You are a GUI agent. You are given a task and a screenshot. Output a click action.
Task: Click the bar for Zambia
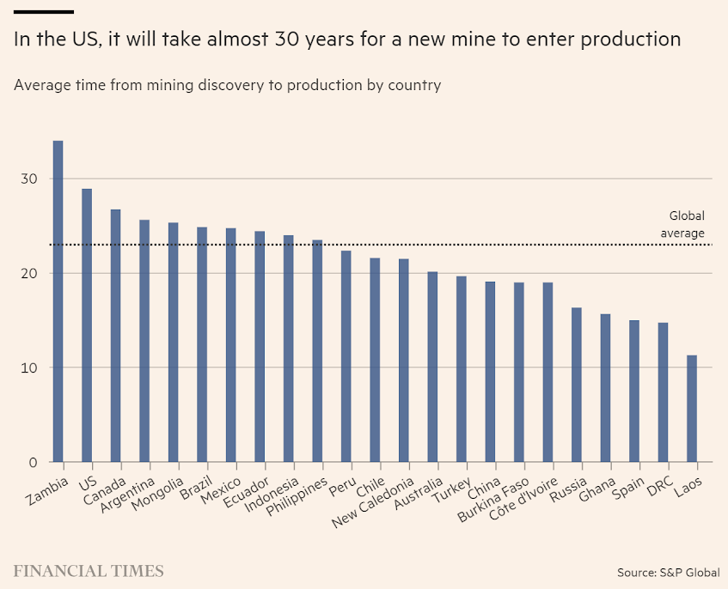(58, 301)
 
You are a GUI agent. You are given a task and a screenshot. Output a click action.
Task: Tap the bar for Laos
(691, 408)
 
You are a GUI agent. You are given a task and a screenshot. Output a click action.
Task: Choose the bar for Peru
(346, 356)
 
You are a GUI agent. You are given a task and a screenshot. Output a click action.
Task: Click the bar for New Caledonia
(403, 360)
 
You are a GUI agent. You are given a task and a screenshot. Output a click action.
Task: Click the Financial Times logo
(89, 571)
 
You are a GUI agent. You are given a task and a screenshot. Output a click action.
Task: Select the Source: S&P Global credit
(668, 572)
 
